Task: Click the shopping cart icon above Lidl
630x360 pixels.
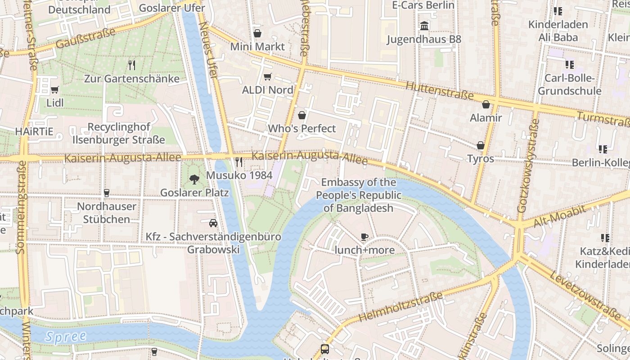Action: [55, 90]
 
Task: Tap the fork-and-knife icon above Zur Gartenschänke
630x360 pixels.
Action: [132, 65]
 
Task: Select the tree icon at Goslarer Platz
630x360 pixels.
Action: [194, 180]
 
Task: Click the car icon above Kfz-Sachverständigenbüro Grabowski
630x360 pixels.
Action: [213, 223]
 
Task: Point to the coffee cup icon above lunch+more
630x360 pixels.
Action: [364, 237]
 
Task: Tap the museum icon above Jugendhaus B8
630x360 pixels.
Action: [424, 26]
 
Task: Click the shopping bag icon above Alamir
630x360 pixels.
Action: [486, 105]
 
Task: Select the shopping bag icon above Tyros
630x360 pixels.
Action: [481, 145]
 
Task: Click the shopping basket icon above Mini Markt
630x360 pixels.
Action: [257, 33]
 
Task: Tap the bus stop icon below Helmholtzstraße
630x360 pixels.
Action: [324, 349]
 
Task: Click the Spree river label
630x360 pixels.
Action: [66, 336]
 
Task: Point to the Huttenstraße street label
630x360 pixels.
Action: [439, 90]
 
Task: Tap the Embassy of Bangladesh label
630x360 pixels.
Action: [359, 195]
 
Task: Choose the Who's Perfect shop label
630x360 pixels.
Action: [301, 129]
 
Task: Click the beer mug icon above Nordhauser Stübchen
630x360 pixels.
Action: [107, 193]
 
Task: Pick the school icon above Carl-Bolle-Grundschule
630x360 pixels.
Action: [570, 65]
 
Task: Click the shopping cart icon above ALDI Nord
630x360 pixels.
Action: [267, 77]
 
